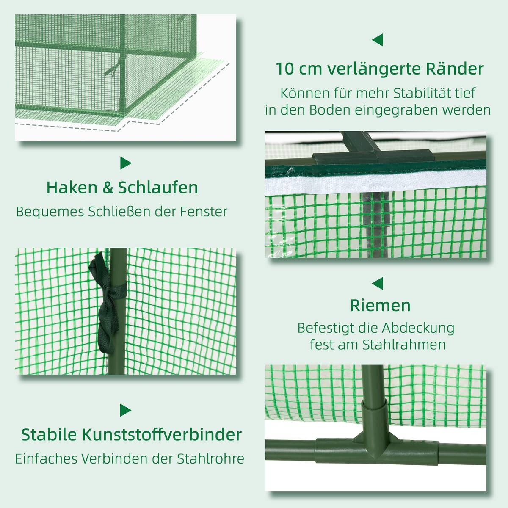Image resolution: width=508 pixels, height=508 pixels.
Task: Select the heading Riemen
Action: point(380,305)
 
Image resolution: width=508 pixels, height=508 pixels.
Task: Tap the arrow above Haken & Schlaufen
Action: point(125,163)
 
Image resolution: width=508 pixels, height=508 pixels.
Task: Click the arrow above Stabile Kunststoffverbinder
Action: point(125,410)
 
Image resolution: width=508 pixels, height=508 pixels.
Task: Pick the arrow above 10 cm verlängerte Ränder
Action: point(378,40)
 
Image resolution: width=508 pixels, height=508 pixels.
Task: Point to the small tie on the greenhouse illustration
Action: point(112,70)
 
